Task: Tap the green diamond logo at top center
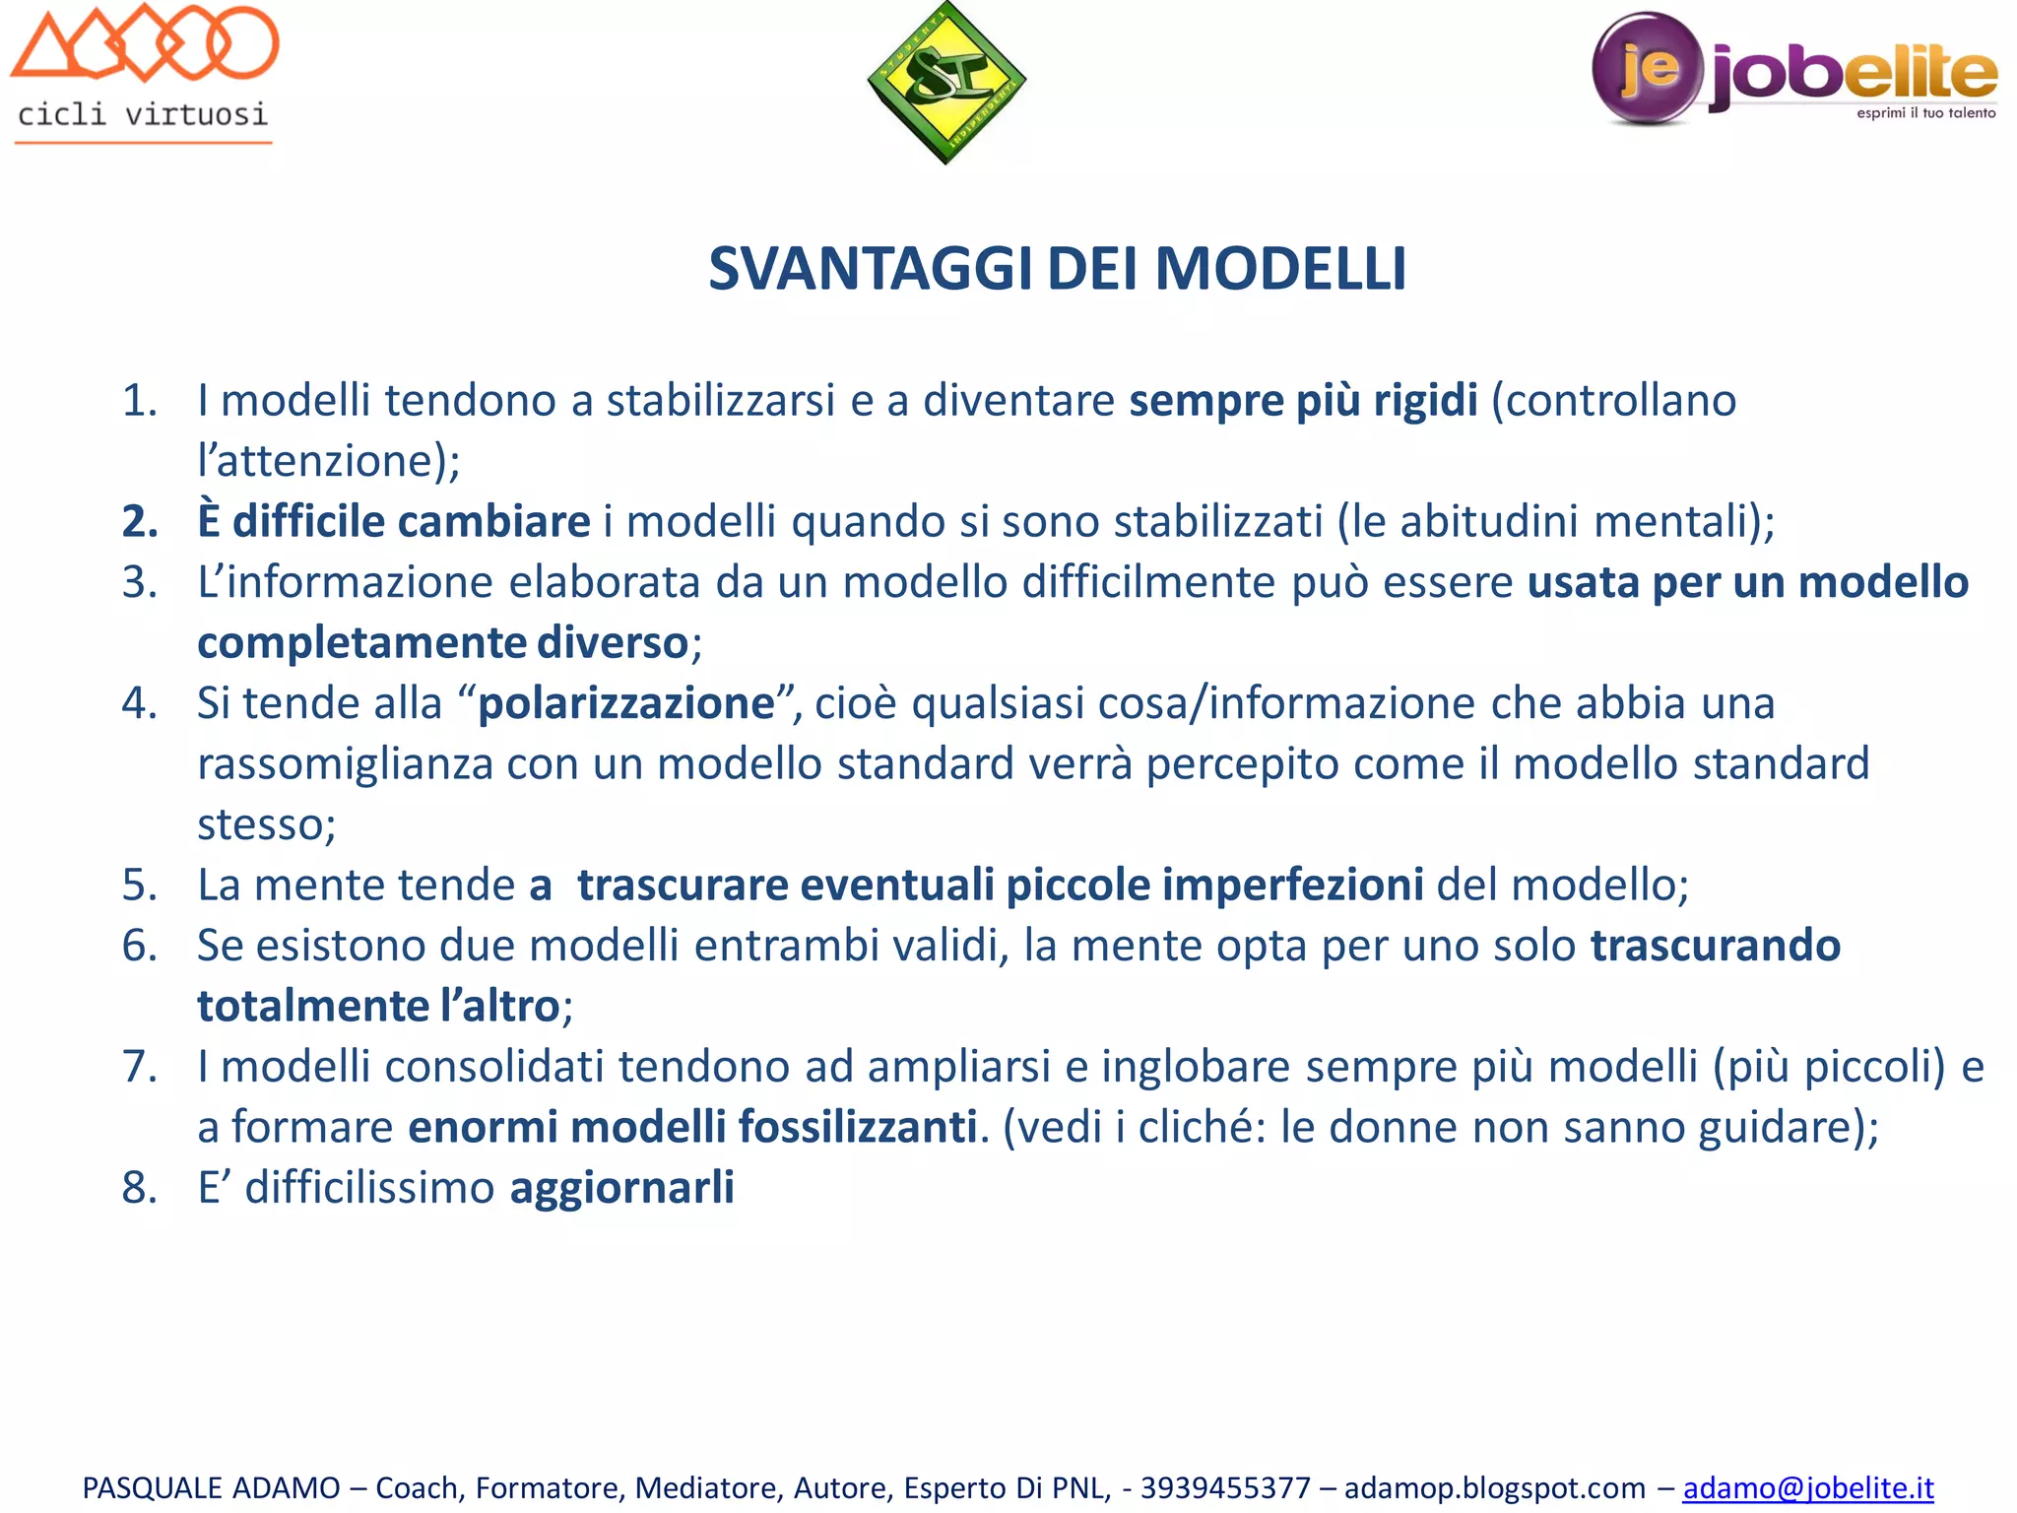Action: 946,83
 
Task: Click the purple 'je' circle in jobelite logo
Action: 1647,67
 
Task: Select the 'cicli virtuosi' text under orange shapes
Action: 143,114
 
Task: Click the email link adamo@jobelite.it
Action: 1807,1487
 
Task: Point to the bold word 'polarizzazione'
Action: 626,703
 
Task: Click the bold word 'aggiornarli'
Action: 621,1187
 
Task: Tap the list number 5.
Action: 139,885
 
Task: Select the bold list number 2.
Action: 139,521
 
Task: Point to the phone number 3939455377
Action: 1225,1487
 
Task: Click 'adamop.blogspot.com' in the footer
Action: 1494,1487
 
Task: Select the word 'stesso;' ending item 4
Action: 266,824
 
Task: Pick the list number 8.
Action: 139,1187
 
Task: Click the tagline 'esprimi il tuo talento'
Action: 1925,113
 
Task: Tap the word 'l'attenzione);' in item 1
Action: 328,461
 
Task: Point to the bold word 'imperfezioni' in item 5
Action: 1292,885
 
